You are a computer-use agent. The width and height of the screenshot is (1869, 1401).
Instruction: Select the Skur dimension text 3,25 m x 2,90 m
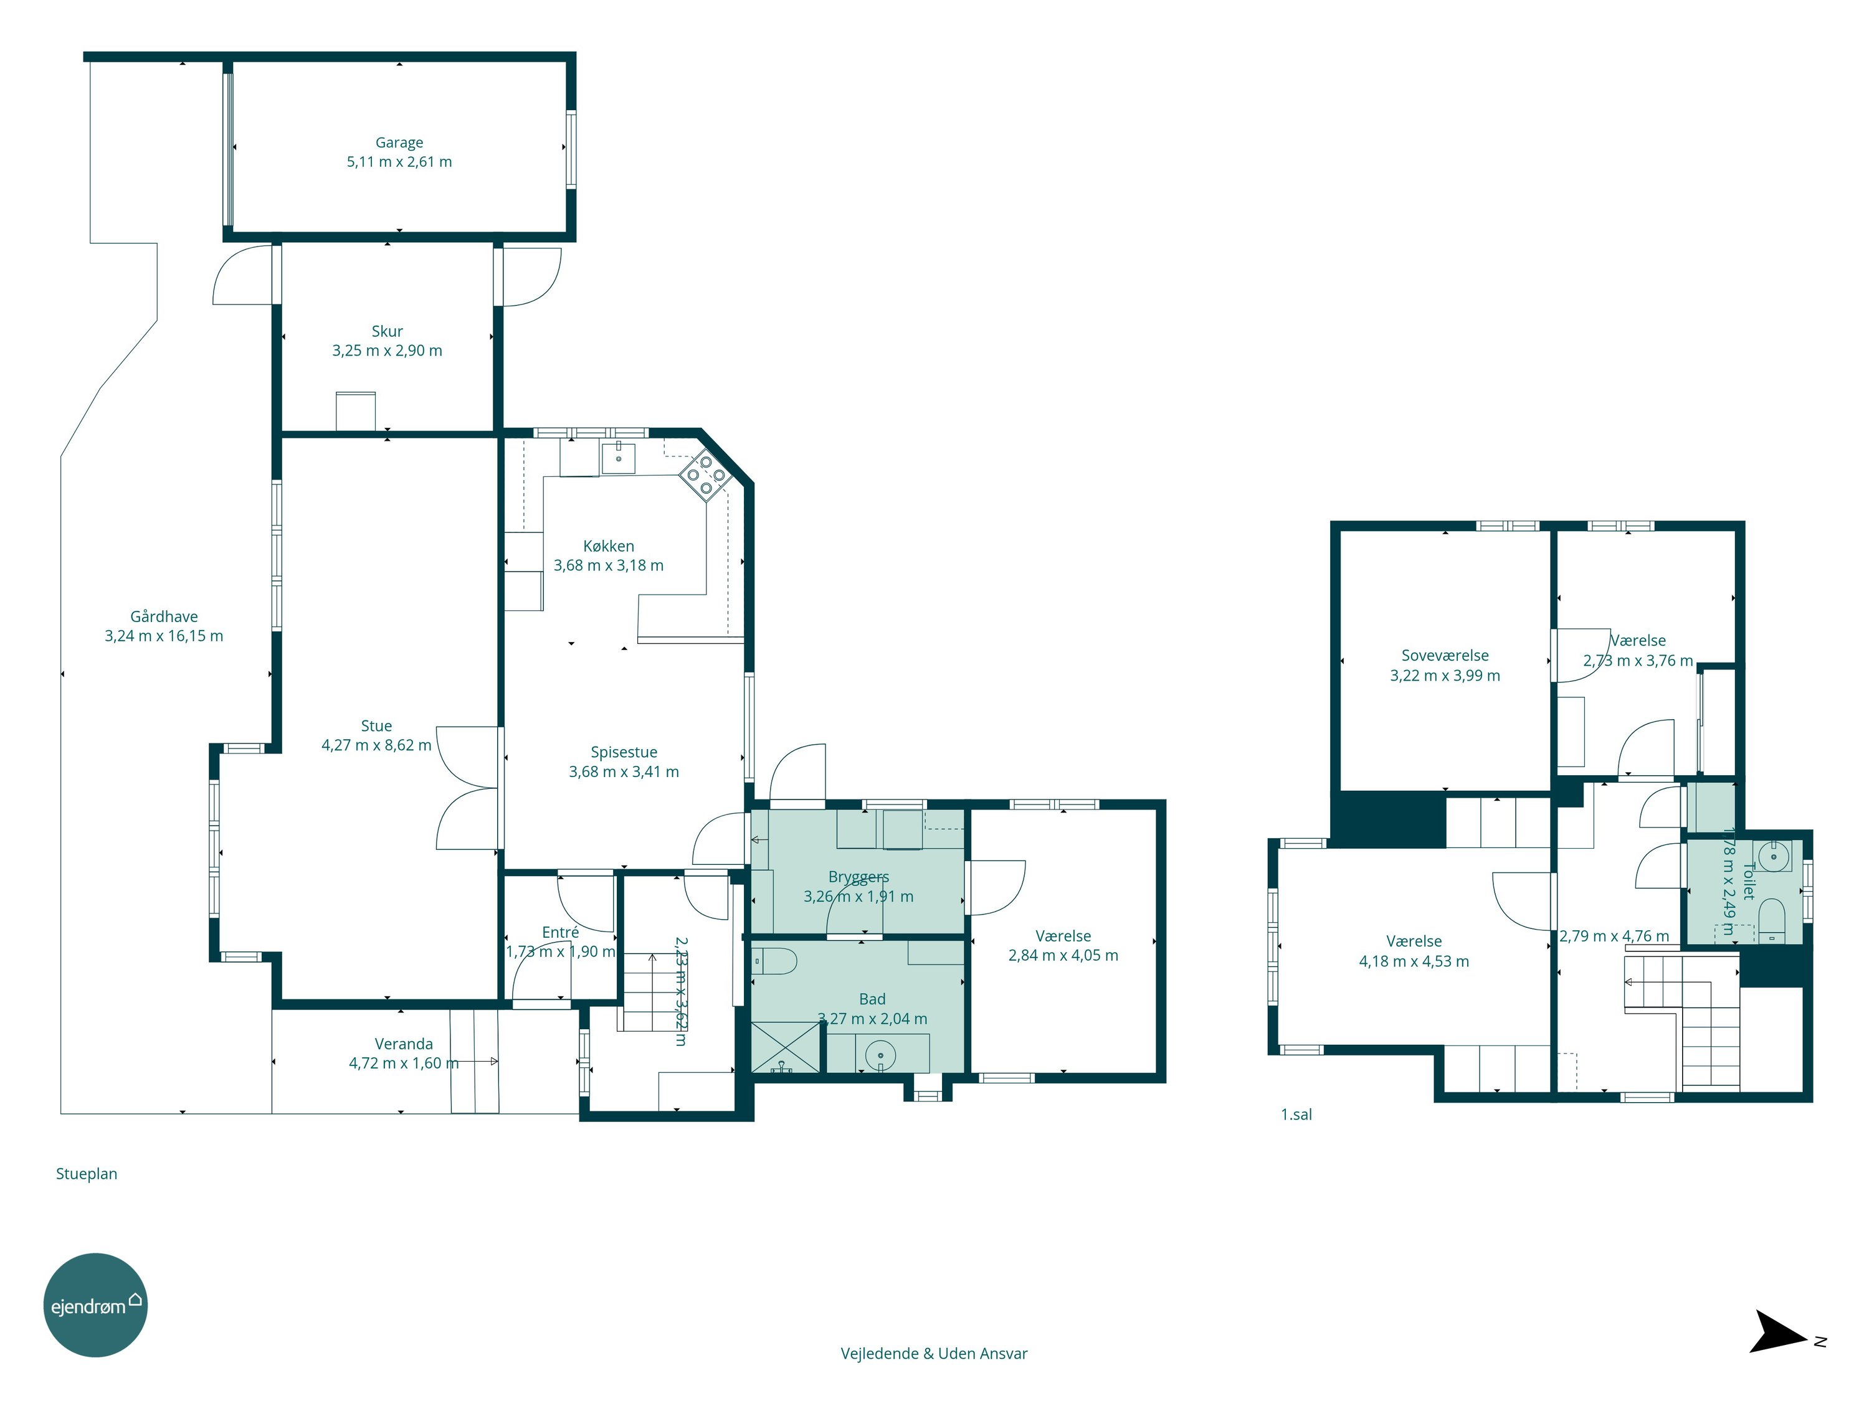387,351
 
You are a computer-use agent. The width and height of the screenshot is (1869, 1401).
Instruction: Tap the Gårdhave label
164,616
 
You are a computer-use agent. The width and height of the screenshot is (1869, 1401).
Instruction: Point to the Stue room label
376,725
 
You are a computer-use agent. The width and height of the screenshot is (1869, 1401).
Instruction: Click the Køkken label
608,546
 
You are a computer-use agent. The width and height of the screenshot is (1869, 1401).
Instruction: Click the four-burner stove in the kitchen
705,474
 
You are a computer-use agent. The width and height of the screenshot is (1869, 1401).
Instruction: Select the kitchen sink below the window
619,457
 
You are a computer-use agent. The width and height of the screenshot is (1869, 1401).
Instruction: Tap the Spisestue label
624,752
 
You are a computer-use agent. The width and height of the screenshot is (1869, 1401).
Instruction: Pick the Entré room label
560,932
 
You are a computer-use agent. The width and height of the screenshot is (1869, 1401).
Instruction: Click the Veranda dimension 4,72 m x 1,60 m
404,1064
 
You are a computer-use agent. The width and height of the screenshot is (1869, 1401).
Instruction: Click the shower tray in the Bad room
786,1047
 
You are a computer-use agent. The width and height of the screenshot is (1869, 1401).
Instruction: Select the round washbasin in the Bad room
880,1055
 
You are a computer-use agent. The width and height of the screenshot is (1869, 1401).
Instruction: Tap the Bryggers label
858,877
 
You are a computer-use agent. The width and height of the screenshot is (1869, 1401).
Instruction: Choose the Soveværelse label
1445,655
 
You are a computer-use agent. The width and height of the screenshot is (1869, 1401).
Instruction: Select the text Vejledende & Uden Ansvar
934,1354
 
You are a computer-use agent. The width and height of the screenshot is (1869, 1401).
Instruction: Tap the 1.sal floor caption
1296,1115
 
